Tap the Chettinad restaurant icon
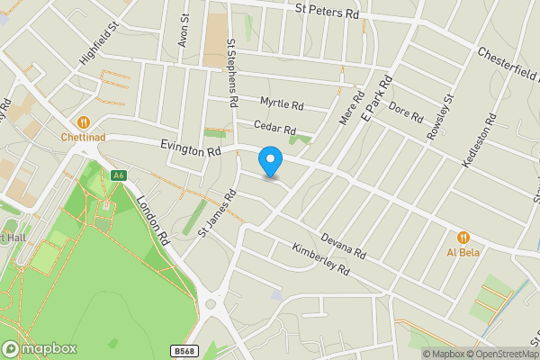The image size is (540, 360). click(84, 121)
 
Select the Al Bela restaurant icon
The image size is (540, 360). click(463, 237)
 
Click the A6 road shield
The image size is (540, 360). click(119, 175)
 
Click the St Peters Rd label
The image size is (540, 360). click(328, 10)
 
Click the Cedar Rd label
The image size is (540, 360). click(274, 129)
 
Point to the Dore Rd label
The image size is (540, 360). click(405, 112)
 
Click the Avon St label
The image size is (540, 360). click(184, 30)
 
